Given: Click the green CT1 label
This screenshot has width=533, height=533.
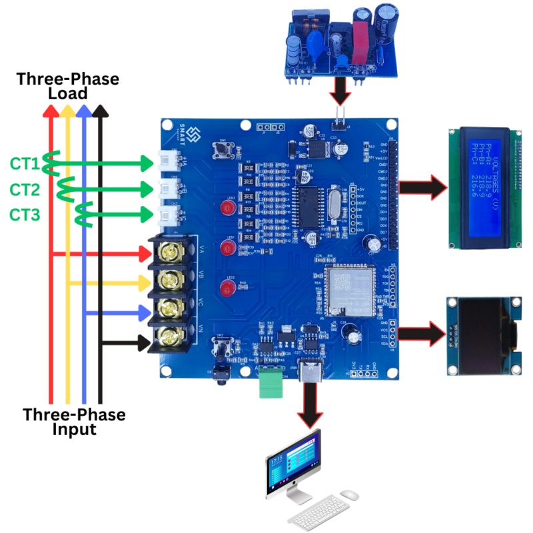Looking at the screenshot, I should [x=25, y=163].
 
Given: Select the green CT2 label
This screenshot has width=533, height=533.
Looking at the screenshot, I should [x=25, y=190].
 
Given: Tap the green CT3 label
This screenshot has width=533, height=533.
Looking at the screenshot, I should [x=25, y=215].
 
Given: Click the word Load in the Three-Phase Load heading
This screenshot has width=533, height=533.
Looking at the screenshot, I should [x=68, y=94].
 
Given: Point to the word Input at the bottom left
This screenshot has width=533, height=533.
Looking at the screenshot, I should [x=74, y=429].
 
